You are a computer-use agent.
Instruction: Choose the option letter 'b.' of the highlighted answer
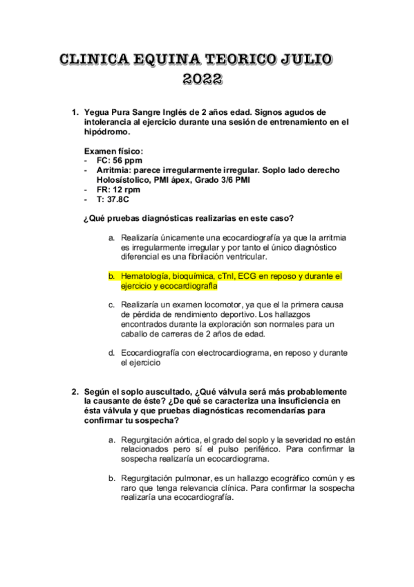[x=111, y=276]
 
